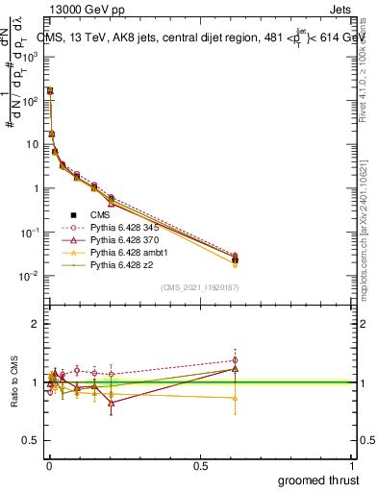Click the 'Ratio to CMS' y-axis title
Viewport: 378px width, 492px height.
click(13, 382)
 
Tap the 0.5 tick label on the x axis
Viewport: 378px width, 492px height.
click(200, 466)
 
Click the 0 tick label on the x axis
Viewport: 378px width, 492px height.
click(49, 466)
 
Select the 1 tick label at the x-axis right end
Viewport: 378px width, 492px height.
click(352, 466)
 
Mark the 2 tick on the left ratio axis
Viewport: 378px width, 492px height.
click(38, 324)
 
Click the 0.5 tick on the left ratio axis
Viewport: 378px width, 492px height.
click(33, 441)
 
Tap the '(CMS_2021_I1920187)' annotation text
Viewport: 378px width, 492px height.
click(200, 286)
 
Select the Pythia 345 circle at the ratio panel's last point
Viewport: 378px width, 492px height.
click(235, 360)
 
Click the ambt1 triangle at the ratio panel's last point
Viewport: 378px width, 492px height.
click(235, 398)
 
